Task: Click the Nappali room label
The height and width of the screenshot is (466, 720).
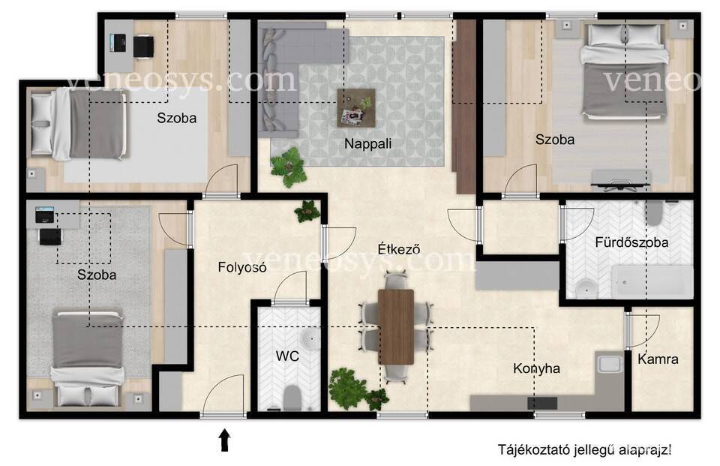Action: tap(367, 144)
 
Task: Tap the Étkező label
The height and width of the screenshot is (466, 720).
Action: tap(399, 249)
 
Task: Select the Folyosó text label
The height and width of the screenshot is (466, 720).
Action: tap(242, 267)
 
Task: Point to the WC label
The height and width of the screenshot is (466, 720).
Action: tap(287, 356)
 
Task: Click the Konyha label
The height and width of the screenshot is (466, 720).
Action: tap(536, 368)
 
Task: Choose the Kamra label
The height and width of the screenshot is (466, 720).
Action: tap(658, 359)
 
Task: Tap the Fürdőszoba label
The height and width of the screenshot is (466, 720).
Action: tap(631, 242)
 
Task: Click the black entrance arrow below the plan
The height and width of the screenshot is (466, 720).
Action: tap(224, 440)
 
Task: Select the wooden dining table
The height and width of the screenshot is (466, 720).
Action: tap(396, 326)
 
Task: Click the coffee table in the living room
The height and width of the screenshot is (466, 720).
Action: tap(356, 108)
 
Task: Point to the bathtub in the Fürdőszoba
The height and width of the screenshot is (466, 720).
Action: tap(652, 281)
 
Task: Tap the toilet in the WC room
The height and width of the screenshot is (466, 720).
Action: tap(292, 397)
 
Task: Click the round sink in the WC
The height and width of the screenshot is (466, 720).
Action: tap(310, 340)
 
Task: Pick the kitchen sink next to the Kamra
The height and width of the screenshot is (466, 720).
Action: tap(609, 363)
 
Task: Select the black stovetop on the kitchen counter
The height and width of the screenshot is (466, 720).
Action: tap(542, 404)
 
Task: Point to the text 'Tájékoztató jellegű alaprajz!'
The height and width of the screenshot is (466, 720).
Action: tap(584, 450)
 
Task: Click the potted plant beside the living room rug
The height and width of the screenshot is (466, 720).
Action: tap(288, 167)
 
